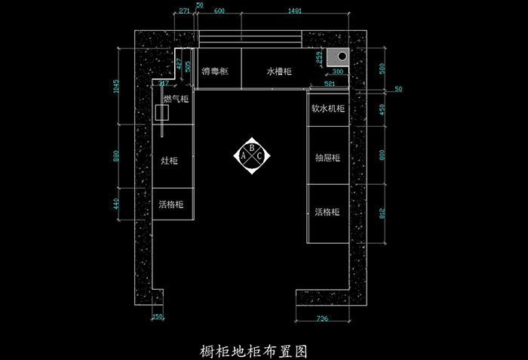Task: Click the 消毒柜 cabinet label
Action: (x=215, y=72)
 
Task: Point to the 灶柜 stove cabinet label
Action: (x=170, y=161)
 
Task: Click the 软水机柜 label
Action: (x=328, y=108)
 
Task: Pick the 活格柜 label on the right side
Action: (x=327, y=211)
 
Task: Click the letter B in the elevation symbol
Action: (x=251, y=148)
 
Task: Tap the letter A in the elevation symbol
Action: (x=243, y=156)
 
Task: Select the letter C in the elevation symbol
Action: (x=259, y=156)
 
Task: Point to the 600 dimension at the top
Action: (x=218, y=12)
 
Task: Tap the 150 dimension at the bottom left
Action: (x=157, y=318)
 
